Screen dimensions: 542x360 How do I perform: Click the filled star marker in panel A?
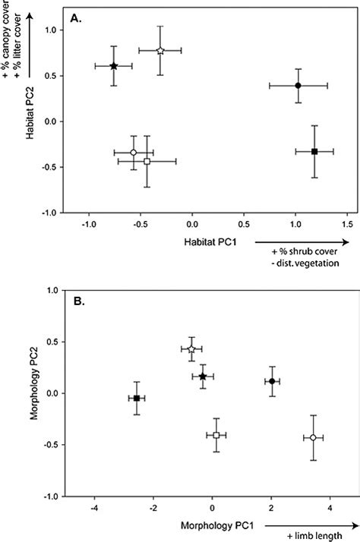(113, 66)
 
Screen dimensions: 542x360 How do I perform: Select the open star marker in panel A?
(160, 51)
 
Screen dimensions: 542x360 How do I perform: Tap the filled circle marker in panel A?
(298, 85)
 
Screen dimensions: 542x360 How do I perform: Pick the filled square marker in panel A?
(314, 152)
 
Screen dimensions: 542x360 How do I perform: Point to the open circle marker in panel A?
(134, 153)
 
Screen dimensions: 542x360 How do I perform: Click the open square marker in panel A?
(147, 162)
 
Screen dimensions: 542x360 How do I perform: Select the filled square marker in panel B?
(137, 399)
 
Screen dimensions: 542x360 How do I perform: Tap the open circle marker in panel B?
(313, 437)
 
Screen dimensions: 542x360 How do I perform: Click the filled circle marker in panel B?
(272, 381)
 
